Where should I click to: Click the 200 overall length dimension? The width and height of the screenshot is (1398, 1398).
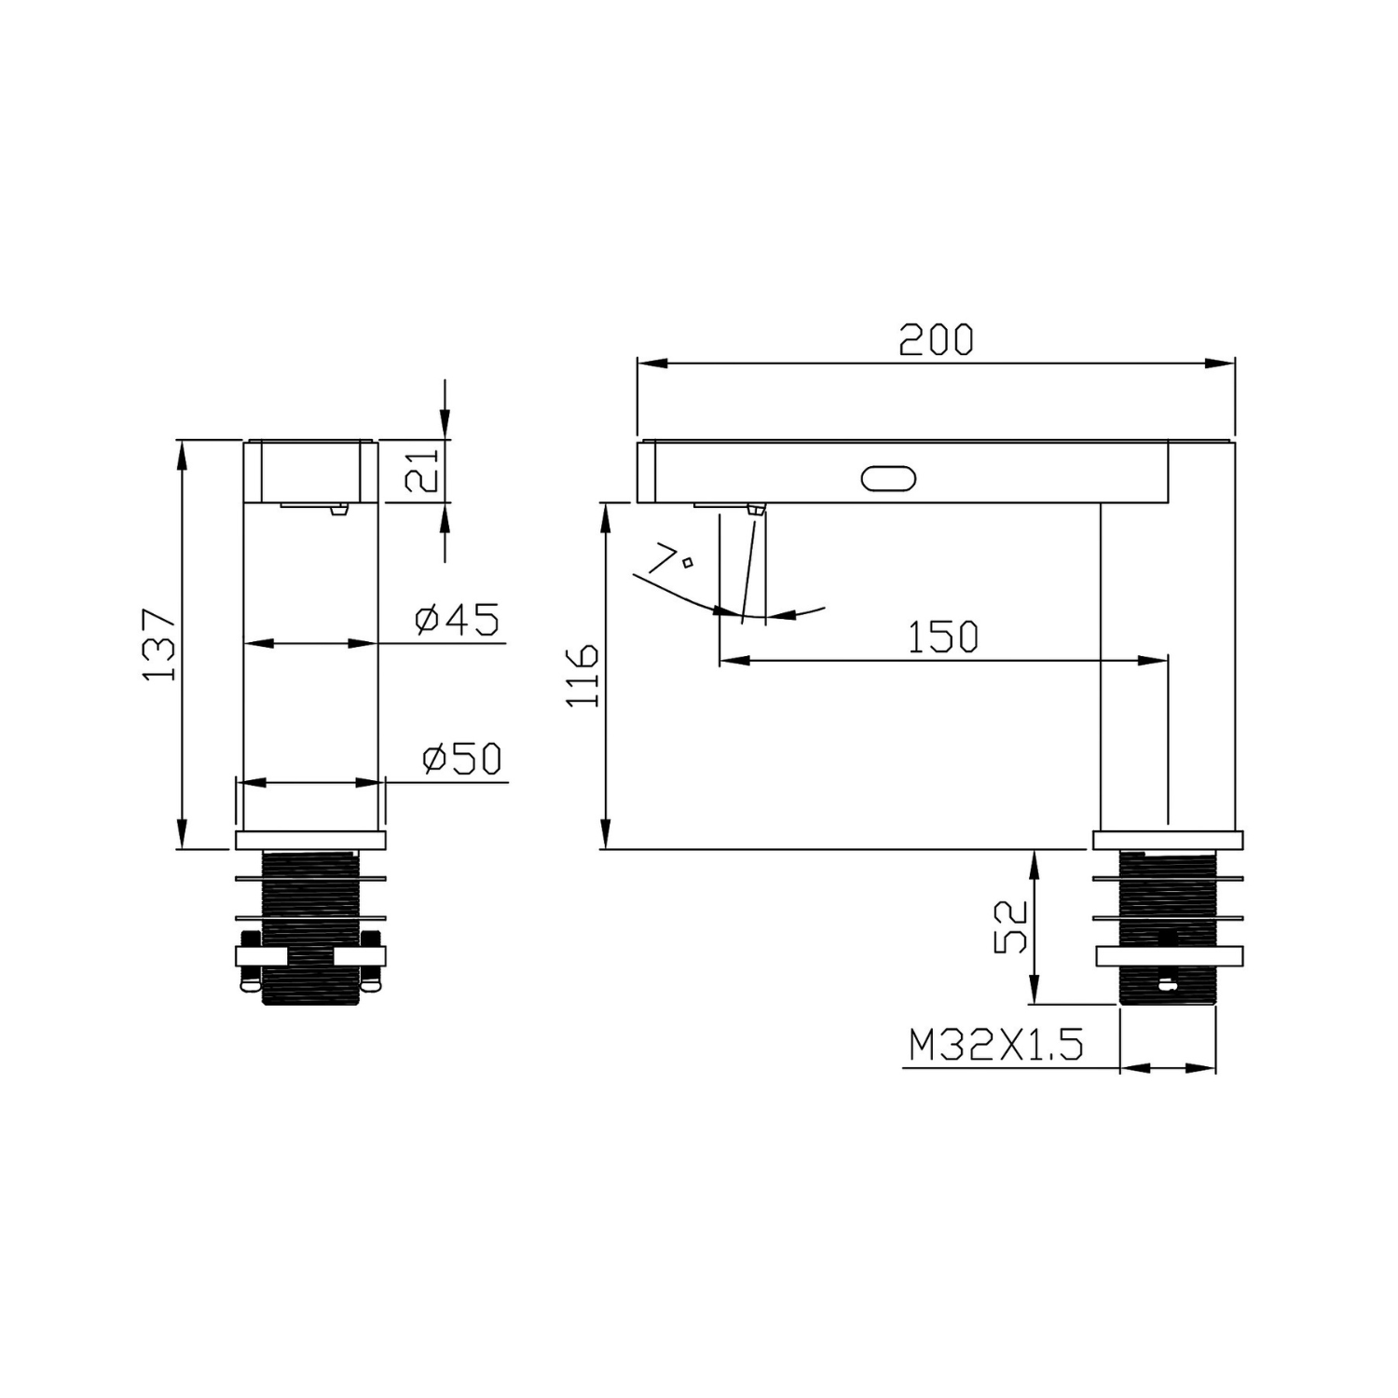coord(936,340)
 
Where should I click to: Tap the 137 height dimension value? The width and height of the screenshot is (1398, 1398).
coord(159,645)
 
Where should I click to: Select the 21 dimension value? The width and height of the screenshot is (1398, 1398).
coord(421,471)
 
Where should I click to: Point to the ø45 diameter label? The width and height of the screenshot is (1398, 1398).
coord(458,620)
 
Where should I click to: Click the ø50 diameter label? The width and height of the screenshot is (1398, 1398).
coord(462,759)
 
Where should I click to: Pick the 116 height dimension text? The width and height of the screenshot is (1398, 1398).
coord(583,675)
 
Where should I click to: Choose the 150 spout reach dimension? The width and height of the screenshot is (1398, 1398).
coord(943,637)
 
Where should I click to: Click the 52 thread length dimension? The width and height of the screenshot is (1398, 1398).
coord(1011,926)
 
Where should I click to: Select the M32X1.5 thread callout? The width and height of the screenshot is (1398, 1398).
coord(996,1046)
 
